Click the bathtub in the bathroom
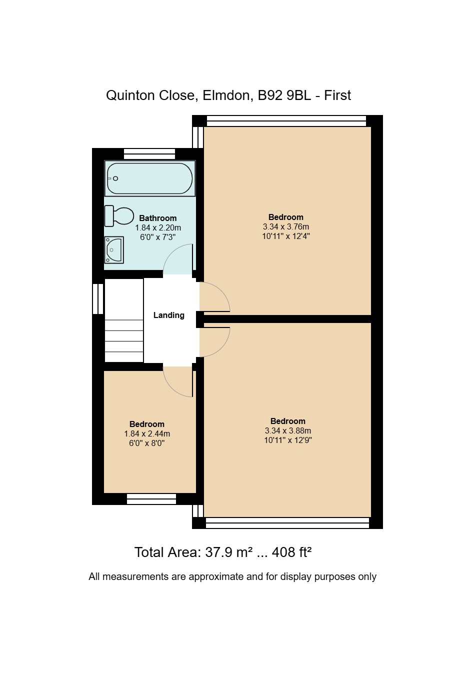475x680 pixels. (x=150, y=178)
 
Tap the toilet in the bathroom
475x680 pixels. (x=119, y=216)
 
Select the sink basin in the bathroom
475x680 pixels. (x=114, y=250)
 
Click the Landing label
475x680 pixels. (x=169, y=315)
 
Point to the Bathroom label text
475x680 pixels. (x=158, y=218)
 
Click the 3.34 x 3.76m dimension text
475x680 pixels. (x=286, y=227)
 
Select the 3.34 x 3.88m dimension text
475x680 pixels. (x=287, y=431)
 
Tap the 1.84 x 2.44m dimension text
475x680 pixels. (x=147, y=434)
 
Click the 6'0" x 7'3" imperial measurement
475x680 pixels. (x=158, y=237)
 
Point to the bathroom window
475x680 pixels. (x=149, y=153)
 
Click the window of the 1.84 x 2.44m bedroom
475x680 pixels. (x=151, y=499)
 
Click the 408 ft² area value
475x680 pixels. (x=291, y=552)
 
